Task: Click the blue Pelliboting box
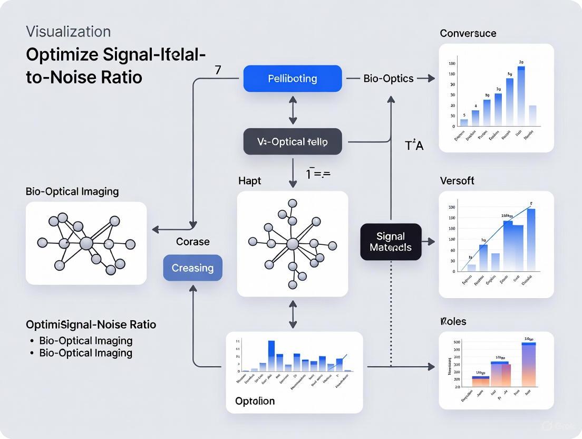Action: [292, 79]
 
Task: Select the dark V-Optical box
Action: [292, 141]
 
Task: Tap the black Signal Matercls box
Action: [391, 242]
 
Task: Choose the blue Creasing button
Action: [192, 268]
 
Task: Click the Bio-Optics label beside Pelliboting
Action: [388, 79]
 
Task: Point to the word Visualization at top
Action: [68, 32]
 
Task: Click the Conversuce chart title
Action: [468, 33]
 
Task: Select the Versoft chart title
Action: [457, 180]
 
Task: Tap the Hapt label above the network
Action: [249, 181]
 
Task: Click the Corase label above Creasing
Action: [192, 242]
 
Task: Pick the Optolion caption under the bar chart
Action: [255, 401]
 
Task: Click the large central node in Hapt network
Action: [292, 244]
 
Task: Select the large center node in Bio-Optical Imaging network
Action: [86, 243]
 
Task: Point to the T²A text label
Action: [414, 146]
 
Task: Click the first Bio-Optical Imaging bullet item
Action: [85, 340]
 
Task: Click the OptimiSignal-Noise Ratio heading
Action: [91, 325]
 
